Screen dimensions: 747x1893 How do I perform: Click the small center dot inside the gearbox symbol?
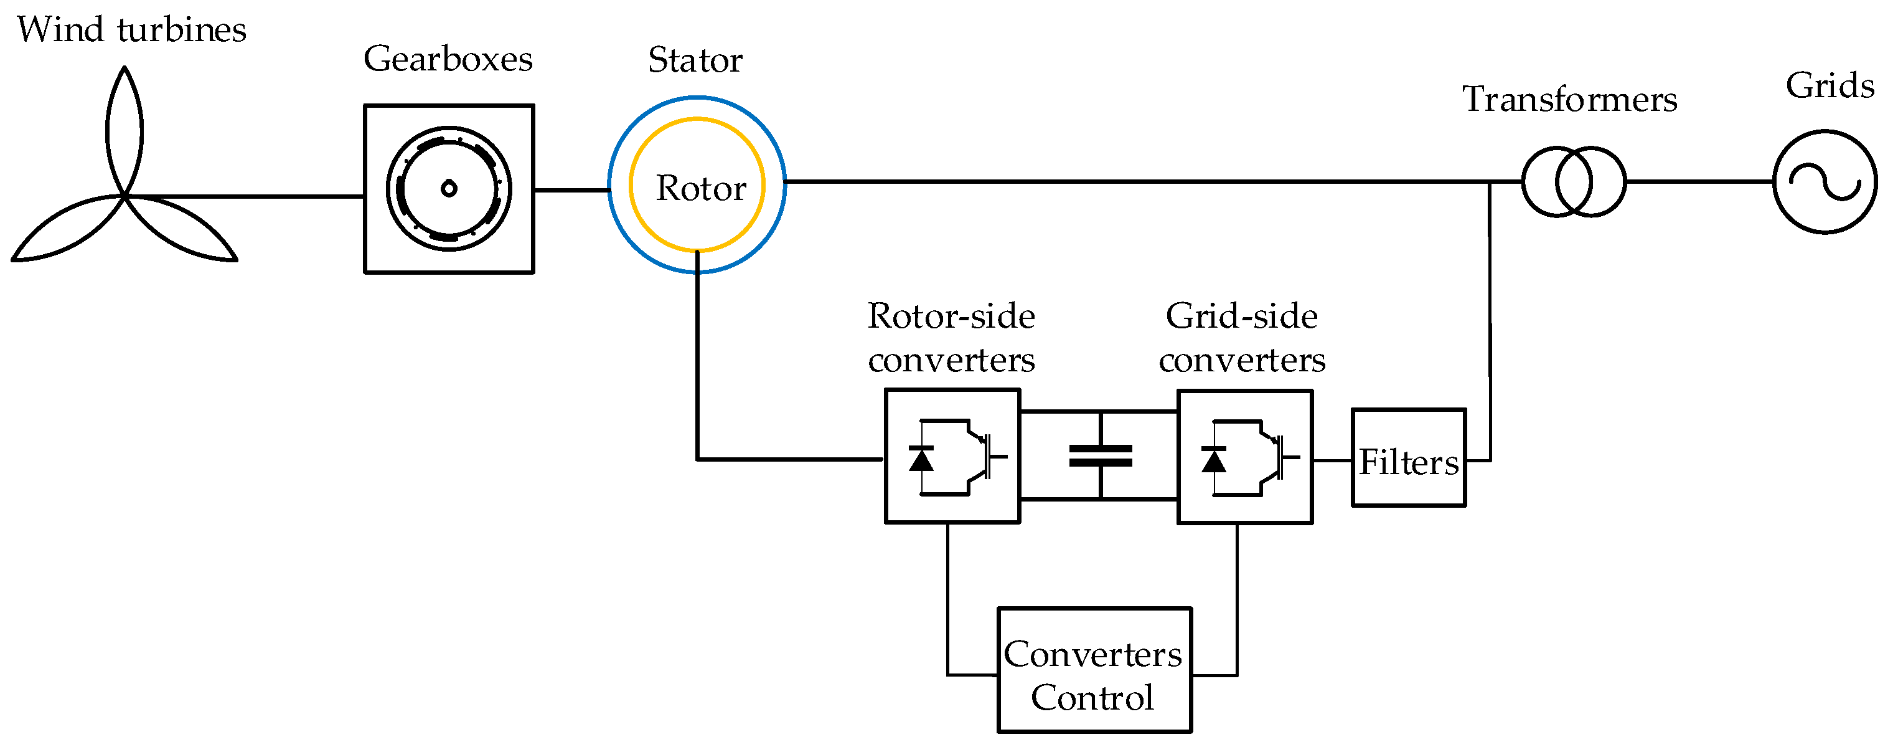449,189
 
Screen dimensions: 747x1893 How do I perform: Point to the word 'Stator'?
695,61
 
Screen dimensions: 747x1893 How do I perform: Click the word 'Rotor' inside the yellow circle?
700,189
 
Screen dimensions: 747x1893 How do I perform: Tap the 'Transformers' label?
1570,100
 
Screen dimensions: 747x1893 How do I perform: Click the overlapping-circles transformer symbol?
1573,181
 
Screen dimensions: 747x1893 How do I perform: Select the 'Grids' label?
1830,86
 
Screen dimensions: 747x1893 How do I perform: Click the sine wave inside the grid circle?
1825,183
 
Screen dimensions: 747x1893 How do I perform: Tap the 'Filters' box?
1408,458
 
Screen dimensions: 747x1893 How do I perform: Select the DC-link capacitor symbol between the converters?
1100,456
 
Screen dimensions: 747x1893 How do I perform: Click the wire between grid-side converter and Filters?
1332,460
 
